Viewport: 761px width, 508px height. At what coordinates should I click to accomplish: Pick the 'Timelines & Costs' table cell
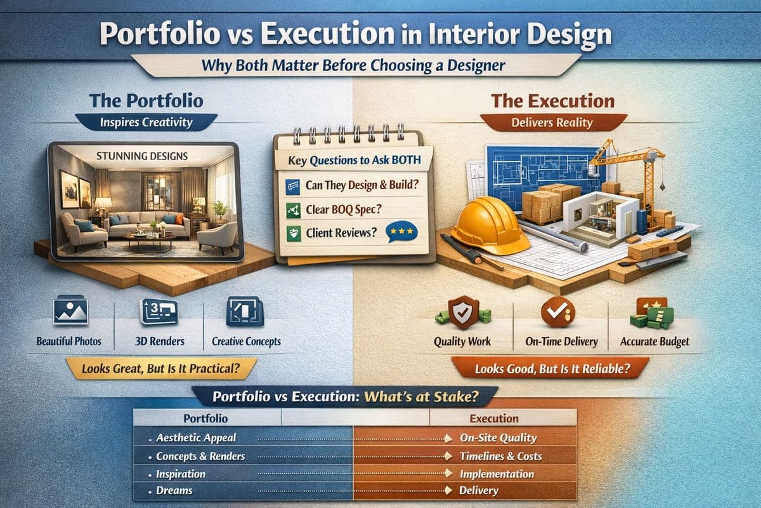pos(500,456)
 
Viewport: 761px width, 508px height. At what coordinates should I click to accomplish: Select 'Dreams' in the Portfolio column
pos(174,491)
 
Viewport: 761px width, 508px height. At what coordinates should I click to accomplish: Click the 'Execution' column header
pos(494,418)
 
